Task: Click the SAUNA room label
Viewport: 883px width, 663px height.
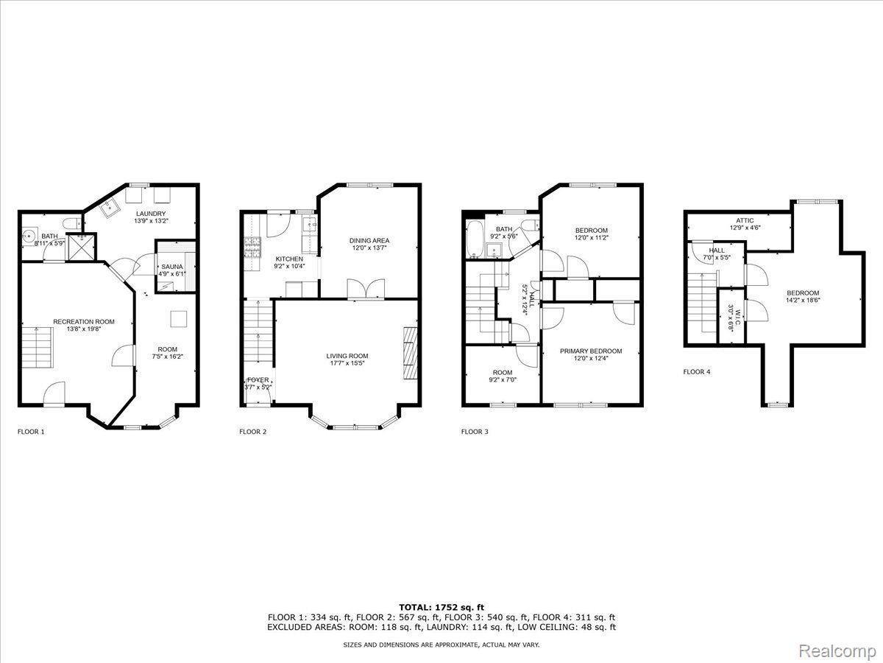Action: point(171,267)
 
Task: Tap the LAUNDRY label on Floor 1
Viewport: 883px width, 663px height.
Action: point(150,214)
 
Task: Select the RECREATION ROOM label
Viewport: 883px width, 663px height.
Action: point(84,322)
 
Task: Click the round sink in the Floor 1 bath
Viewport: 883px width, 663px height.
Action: point(29,234)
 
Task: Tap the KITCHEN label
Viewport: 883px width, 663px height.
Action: point(289,259)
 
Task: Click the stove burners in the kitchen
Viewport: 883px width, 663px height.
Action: point(252,248)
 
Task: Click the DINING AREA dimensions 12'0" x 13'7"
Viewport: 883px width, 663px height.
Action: point(369,248)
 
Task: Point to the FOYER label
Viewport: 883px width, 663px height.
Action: point(258,380)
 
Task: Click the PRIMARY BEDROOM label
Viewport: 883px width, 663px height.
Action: point(591,351)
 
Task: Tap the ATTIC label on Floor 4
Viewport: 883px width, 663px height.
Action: point(745,220)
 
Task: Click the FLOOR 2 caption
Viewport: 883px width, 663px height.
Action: point(252,432)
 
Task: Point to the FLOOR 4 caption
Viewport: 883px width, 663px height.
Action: point(697,372)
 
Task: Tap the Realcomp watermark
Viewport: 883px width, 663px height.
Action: point(837,650)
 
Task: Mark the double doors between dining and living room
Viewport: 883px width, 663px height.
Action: point(366,289)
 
